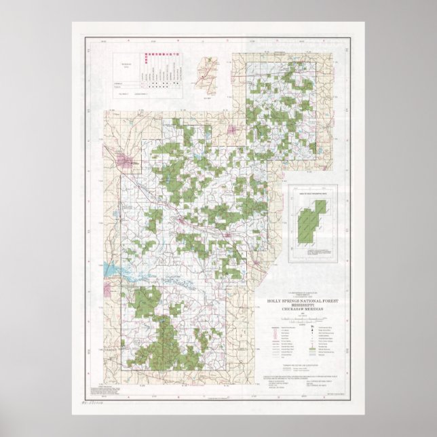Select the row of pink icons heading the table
click(147, 58)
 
